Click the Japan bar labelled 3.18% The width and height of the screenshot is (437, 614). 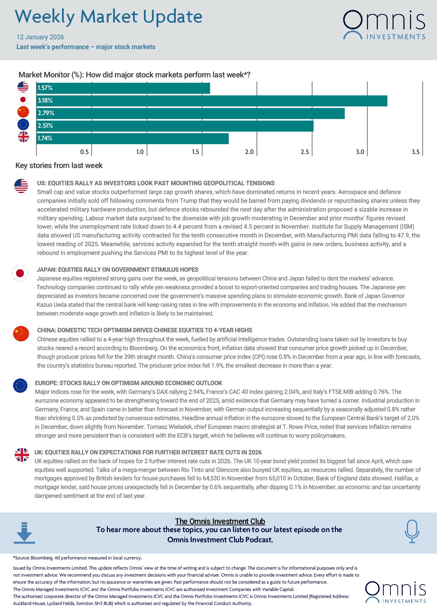pos(212,101)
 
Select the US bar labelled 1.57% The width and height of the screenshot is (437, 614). pos(123,88)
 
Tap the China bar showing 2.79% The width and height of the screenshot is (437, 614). pos(190,113)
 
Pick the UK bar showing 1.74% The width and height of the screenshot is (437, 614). pos(132,139)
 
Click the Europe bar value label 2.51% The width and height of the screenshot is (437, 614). pos(45,126)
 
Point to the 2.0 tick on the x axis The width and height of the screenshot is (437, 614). pos(249,152)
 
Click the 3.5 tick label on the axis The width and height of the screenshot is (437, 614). pos(415,152)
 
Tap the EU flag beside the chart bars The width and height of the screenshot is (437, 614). pos(23,125)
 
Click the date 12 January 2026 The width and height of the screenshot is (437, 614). pos(40,37)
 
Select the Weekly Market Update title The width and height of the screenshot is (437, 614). pos(109,17)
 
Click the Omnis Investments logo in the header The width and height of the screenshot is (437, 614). pos(384,25)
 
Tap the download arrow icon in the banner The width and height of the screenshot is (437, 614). pos(24,533)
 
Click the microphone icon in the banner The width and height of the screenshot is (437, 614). pos(412,531)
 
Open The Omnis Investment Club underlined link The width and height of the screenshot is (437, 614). pos(220,521)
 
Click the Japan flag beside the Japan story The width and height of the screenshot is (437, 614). pos(20,273)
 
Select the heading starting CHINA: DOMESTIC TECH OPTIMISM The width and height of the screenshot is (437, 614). pos(145,330)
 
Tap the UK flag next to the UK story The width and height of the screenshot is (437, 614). pos(22,455)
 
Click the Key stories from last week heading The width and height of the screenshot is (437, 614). pos(59,166)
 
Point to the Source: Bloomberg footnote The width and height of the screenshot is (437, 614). pos(77,558)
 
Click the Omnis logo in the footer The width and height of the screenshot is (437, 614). pos(396,592)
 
